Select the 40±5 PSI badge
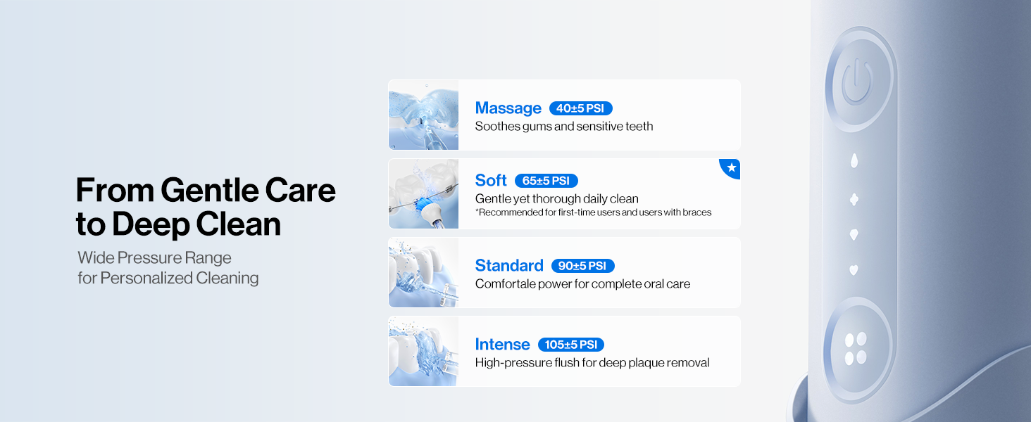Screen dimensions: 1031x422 pyautogui.click(x=580, y=108)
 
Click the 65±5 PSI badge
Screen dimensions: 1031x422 pyautogui.click(x=546, y=181)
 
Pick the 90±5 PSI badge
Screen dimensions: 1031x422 pyautogui.click(x=582, y=266)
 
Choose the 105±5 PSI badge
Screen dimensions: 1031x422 pyautogui.click(x=570, y=345)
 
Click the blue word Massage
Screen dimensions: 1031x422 pyautogui.click(x=508, y=108)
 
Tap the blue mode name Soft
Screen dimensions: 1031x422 pyautogui.click(x=491, y=180)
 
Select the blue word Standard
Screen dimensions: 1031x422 pyautogui.click(x=509, y=266)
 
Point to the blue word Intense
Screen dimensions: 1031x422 pyautogui.click(x=502, y=345)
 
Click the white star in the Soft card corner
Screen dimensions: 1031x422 pyautogui.click(x=732, y=167)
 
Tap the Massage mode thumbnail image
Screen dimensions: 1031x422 pyautogui.click(x=423, y=115)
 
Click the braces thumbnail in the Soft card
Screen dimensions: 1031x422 pyautogui.click(x=423, y=194)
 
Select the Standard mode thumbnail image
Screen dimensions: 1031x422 pyautogui.click(x=423, y=273)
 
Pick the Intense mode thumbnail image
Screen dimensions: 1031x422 pyautogui.click(x=423, y=352)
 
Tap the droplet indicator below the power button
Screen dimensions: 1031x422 pyautogui.click(x=854, y=160)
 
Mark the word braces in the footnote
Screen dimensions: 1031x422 pyautogui.click(x=698, y=212)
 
